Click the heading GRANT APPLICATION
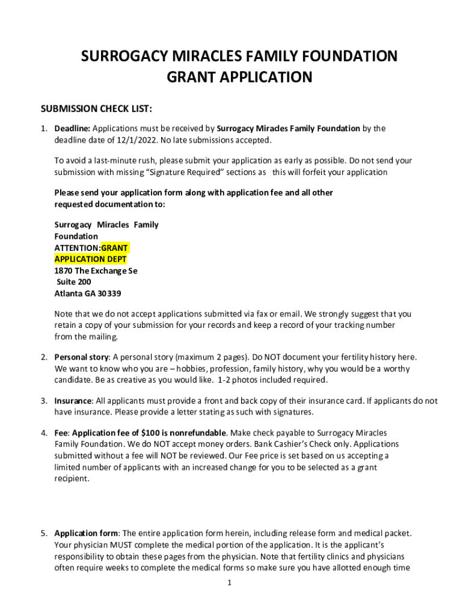(x=239, y=78)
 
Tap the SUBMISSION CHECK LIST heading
(x=96, y=109)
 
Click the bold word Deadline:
(x=72, y=128)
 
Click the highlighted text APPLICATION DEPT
(x=91, y=259)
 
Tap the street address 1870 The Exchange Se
(x=96, y=271)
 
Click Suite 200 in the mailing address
(x=74, y=282)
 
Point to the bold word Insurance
(x=73, y=401)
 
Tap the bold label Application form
(x=85, y=533)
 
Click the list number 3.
(x=44, y=401)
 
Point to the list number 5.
(x=44, y=533)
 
